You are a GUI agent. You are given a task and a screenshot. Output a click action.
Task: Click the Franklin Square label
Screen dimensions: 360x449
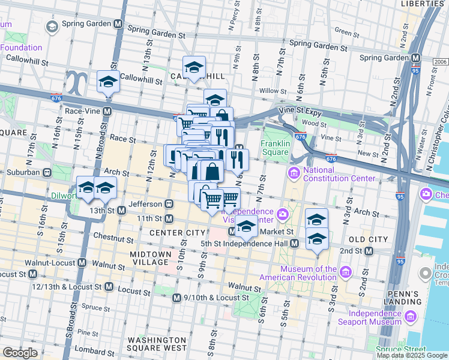point(276,148)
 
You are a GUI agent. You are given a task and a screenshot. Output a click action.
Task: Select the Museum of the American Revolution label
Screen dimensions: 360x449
point(298,273)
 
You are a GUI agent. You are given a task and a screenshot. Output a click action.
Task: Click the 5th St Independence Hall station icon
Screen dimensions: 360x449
point(294,244)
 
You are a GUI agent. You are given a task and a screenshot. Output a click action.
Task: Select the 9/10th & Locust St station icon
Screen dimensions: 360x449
point(176,298)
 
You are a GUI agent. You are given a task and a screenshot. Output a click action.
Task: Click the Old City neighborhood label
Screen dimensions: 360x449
point(369,239)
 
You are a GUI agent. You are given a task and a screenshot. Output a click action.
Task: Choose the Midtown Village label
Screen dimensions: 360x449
point(151,259)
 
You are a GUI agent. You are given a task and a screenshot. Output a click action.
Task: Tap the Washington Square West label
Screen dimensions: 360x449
point(157,344)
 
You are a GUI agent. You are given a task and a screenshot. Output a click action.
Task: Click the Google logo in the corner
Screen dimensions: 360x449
point(20,353)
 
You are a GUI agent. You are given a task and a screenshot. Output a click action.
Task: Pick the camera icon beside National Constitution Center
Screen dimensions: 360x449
point(294,174)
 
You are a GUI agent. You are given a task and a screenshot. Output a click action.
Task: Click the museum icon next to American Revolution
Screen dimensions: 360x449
point(345,273)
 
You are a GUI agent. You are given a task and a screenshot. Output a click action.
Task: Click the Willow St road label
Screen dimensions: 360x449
point(273,91)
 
